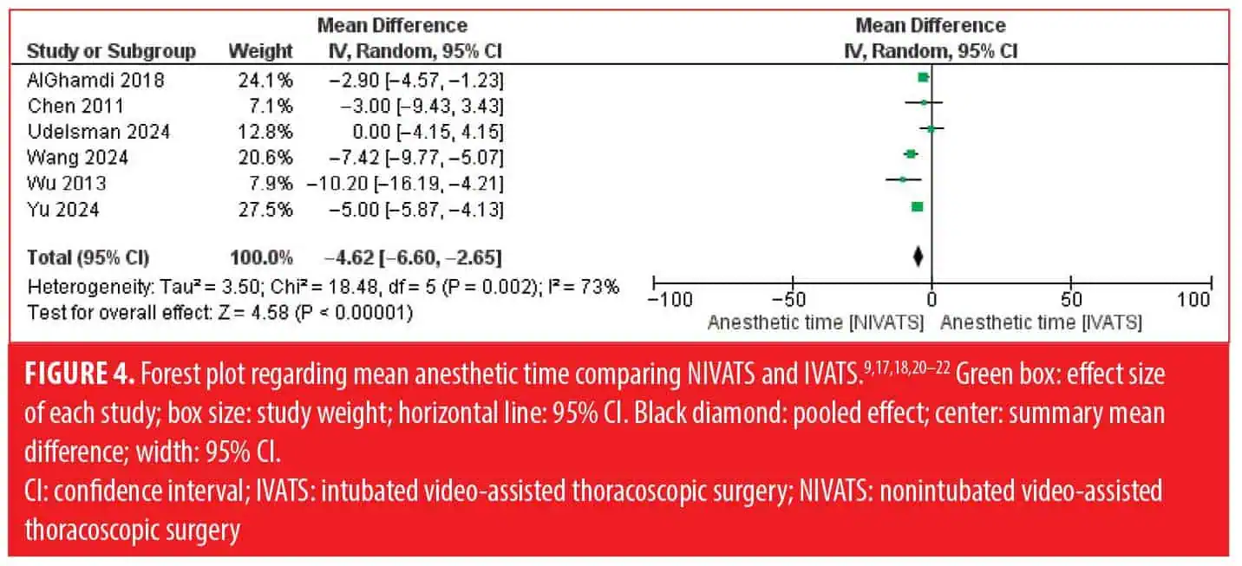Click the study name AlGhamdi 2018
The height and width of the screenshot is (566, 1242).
pyautogui.click(x=95, y=81)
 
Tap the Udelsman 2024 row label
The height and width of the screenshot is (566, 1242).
pyautogui.click(x=99, y=132)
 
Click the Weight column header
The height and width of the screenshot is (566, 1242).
pyautogui.click(x=260, y=51)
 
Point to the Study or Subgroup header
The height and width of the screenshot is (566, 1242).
pyautogui.click(x=111, y=51)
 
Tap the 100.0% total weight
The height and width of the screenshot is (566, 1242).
pyautogui.click(x=261, y=257)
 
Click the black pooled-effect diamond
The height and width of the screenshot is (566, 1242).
pyautogui.click(x=918, y=257)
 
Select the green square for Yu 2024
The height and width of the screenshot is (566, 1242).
pyautogui.click(x=918, y=207)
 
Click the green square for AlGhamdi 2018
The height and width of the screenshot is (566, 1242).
pyautogui.click(x=923, y=78)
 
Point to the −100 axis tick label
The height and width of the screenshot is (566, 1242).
pyautogui.click(x=670, y=300)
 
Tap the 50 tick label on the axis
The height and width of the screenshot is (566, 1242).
pyautogui.click(x=1071, y=300)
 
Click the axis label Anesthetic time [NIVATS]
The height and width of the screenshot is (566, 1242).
pyautogui.click(x=815, y=322)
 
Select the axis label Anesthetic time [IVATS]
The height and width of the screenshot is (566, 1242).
pyautogui.click(x=1042, y=322)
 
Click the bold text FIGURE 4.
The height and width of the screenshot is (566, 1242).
pyautogui.click(x=79, y=374)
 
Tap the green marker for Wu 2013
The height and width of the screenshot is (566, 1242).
pyautogui.click(x=903, y=179)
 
